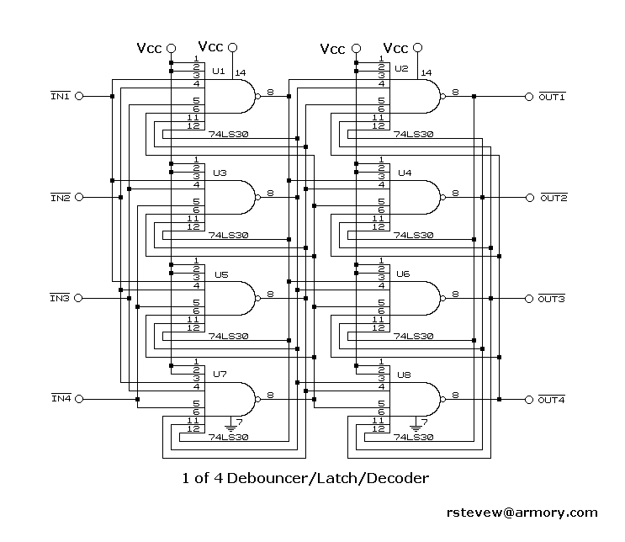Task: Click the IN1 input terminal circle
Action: click(x=79, y=96)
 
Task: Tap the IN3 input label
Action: click(x=60, y=298)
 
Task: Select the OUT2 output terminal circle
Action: click(x=530, y=198)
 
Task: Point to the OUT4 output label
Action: click(x=551, y=400)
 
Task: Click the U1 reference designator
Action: click(x=219, y=71)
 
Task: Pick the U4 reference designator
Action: click(x=405, y=173)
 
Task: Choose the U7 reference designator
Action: click(x=220, y=374)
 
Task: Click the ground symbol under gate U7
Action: click(x=230, y=425)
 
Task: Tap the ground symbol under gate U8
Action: click(x=416, y=425)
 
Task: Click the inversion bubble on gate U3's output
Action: click(x=258, y=198)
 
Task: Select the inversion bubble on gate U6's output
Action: click(x=442, y=298)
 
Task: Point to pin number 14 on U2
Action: click(x=426, y=72)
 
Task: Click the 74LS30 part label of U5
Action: click(x=229, y=336)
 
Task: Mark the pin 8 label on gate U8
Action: click(x=455, y=395)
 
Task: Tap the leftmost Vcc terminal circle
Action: click(x=171, y=48)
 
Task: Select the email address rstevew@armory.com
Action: click(x=522, y=513)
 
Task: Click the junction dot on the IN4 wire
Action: click(x=137, y=399)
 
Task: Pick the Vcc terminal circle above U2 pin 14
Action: click(x=417, y=48)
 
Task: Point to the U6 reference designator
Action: click(x=403, y=274)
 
